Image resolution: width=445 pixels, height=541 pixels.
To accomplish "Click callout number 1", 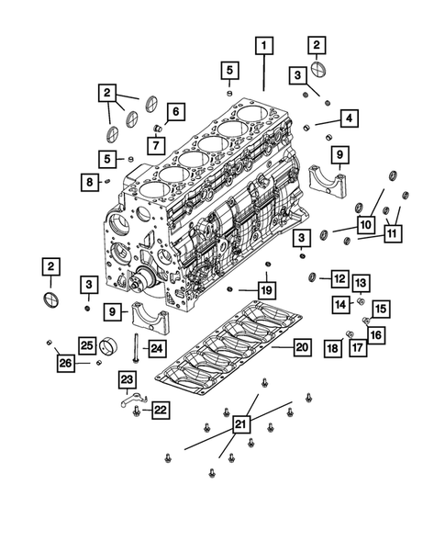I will pyautogui.click(x=264, y=45).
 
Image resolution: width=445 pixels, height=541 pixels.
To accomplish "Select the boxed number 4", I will pyautogui.click(x=350, y=118).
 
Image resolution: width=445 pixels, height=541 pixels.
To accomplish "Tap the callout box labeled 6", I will pyautogui.click(x=175, y=112).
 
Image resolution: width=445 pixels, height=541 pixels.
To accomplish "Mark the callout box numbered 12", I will pyautogui.click(x=339, y=277).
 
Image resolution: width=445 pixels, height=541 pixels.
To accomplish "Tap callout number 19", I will pyautogui.click(x=266, y=291).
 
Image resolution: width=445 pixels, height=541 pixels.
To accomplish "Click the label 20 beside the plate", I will pyautogui.click(x=301, y=346).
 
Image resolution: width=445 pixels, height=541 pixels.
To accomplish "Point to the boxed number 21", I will pyautogui.click(x=240, y=423).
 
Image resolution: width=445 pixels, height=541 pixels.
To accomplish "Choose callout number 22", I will pyautogui.click(x=158, y=410).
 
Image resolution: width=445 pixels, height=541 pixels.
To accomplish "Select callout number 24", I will pyautogui.click(x=156, y=347).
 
